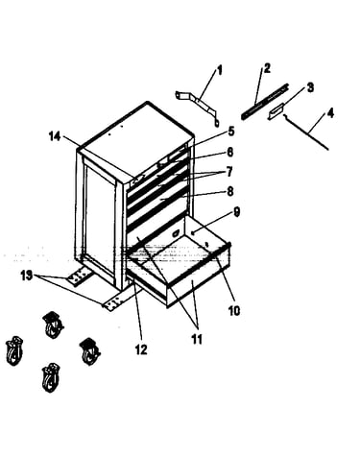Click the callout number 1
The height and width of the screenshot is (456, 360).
(220, 70)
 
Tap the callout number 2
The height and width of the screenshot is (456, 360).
(267, 68)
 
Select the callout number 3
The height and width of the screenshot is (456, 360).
(310, 87)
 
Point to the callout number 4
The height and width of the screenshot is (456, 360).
(330, 112)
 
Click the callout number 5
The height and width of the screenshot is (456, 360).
(230, 132)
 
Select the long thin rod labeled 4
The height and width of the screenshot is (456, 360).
(305, 132)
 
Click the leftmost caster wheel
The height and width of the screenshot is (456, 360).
(14, 350)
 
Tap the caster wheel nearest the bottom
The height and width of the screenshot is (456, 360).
(51, 377)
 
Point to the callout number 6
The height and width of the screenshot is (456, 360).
(229, 153)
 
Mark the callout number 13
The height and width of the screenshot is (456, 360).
(27, 276)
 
